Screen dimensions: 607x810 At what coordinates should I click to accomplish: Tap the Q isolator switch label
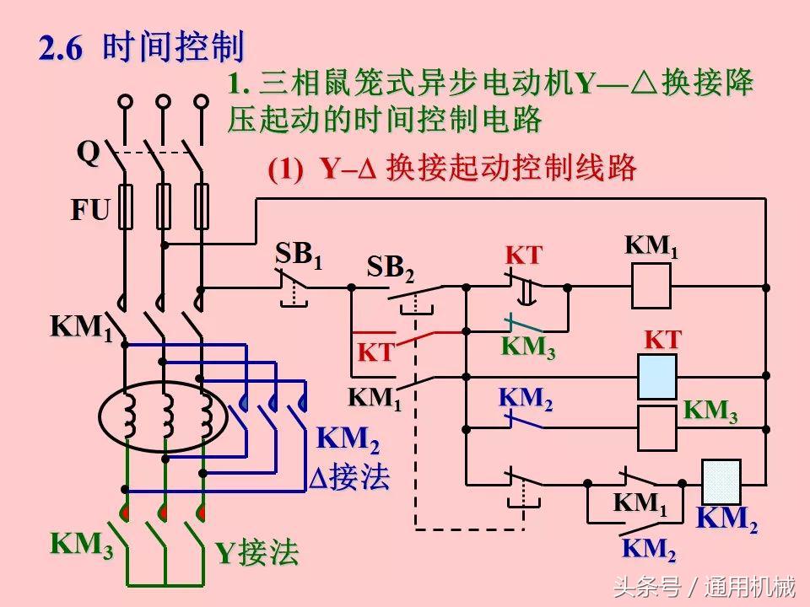[x=88, y=153]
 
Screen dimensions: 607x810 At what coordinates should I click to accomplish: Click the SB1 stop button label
[x=299, y=254]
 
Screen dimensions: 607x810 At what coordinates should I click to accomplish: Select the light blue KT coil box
[x=656, y=376]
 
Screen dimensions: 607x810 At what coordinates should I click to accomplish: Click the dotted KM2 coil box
[x=721, y=482]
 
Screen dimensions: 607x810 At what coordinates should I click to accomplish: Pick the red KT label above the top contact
[x=523, y=255]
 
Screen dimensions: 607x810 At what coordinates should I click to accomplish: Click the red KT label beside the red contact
[x=376, y=352]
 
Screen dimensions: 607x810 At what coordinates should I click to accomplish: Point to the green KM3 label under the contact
[x=527, y=347]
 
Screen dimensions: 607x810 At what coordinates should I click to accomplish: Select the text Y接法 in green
[x=256, y=553]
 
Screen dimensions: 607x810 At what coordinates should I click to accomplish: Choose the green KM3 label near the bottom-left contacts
[x=82, y=545]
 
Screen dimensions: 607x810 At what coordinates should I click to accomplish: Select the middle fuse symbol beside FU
[x=164, y=207]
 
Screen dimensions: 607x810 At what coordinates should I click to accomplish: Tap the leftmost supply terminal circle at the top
[x=125, y=101]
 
